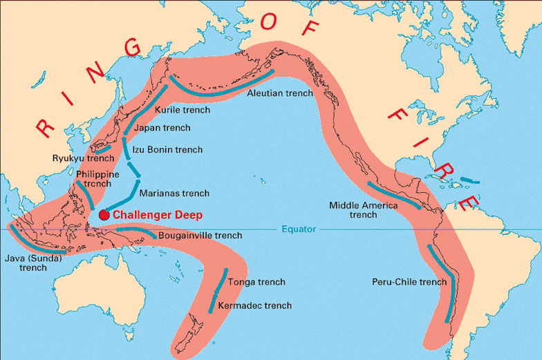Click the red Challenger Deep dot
tap(104, 215)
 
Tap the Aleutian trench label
tap(279, 92)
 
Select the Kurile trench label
tap(183, 110)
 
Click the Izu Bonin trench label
tap(169, 149)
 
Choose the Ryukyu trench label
tap(83, 158)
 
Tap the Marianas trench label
tap(174, 193)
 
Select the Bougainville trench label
tap(200, 236)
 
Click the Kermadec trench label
tap(254, 305)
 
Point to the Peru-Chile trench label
tap(410, 282)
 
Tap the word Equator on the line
tap(299, 229)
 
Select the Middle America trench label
tap(363, 210)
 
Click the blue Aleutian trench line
tap(221, 88)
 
